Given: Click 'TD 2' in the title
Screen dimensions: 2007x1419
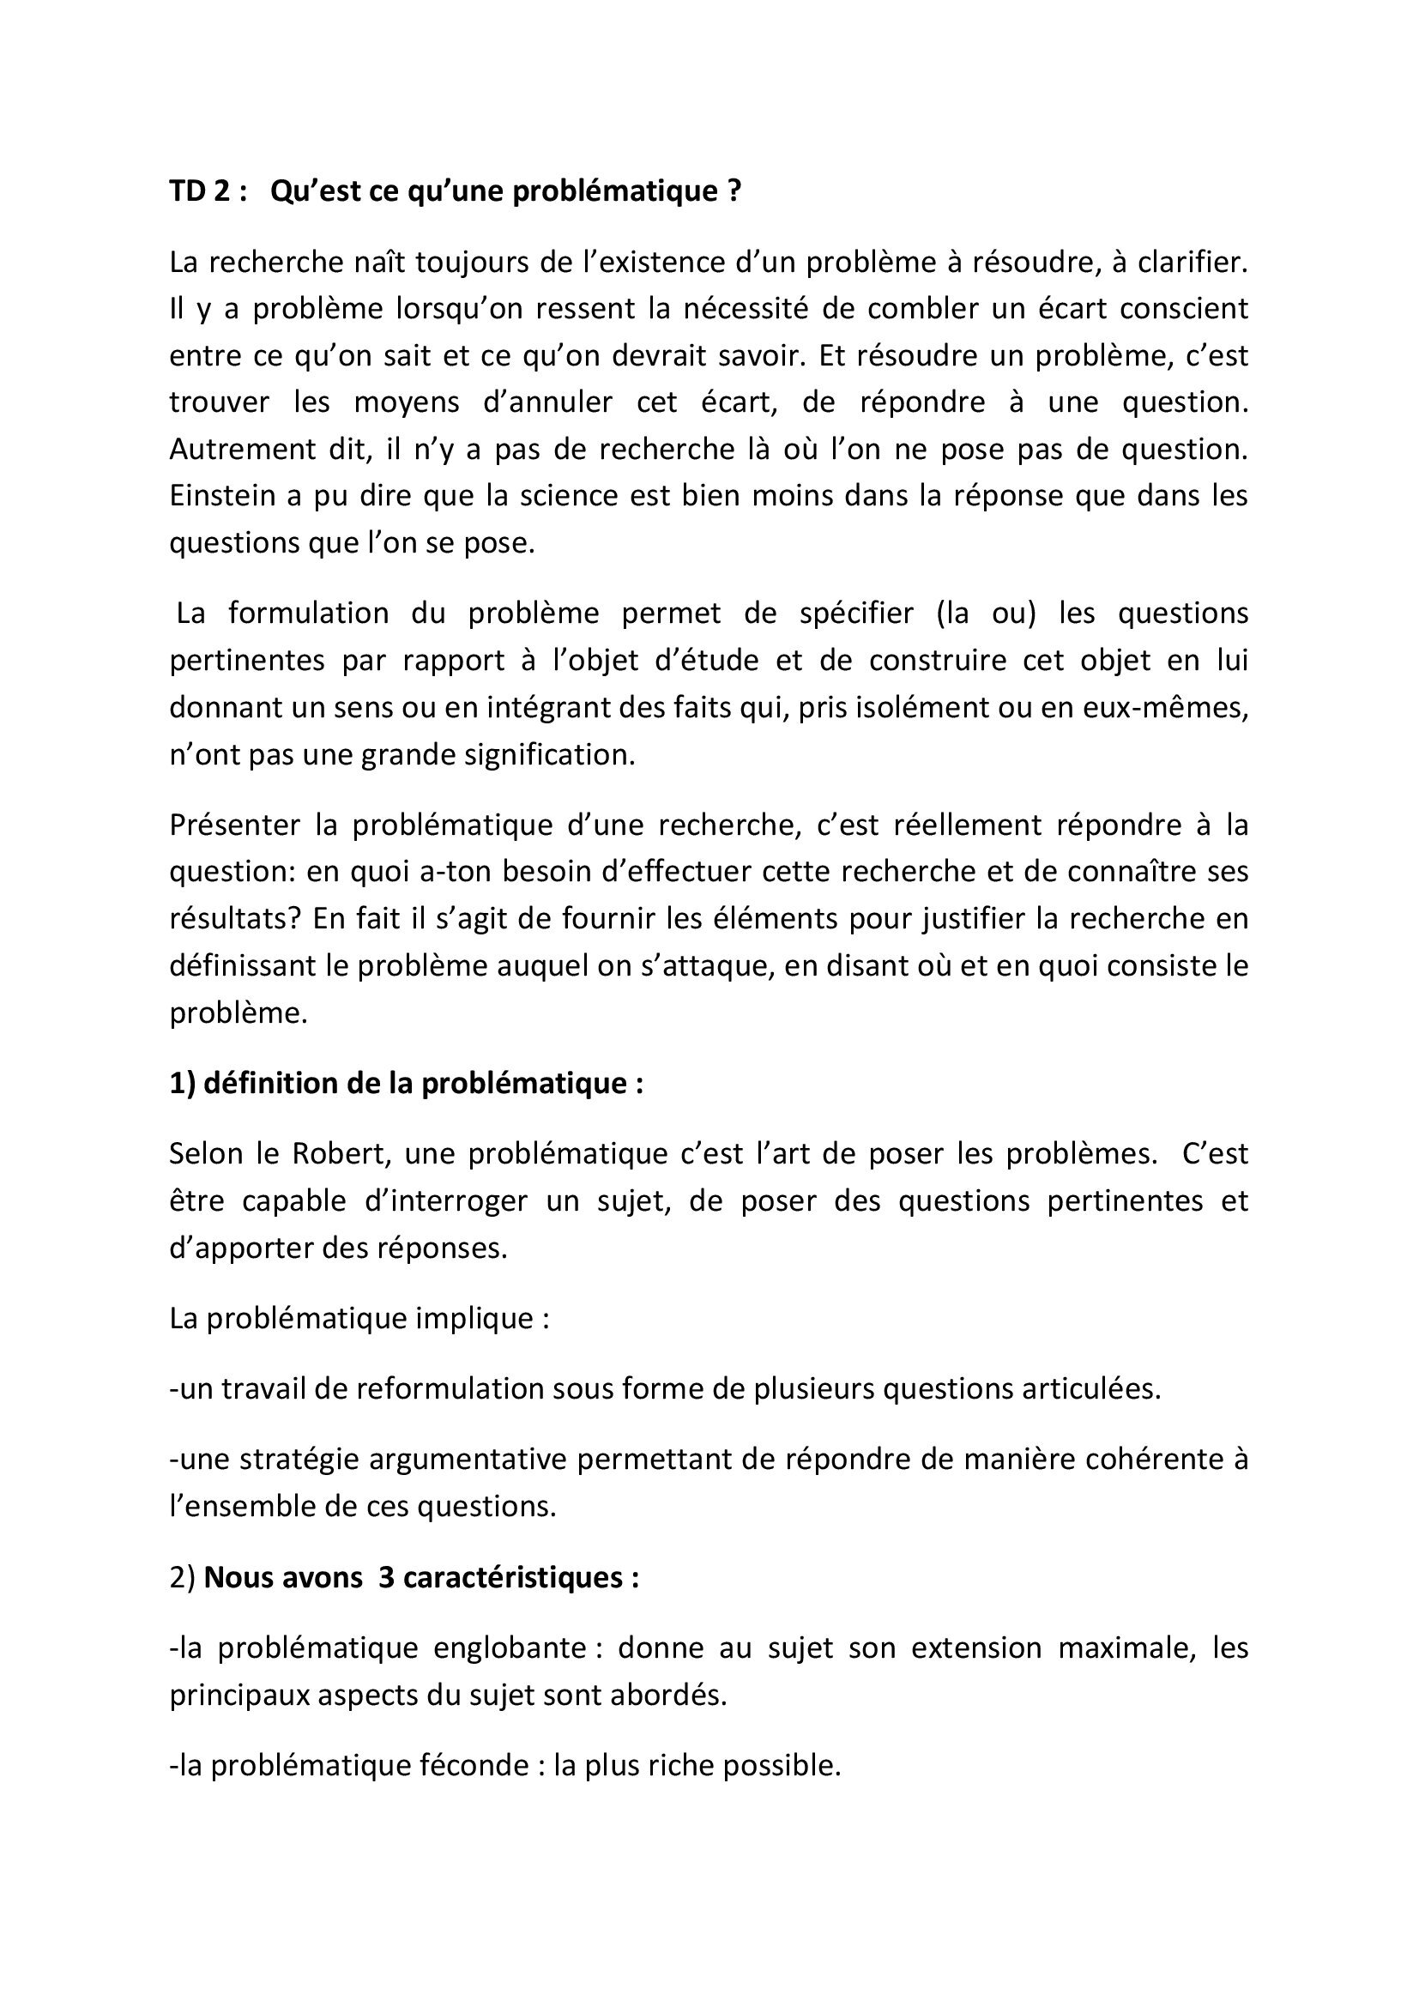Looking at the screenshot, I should [201, 191].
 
